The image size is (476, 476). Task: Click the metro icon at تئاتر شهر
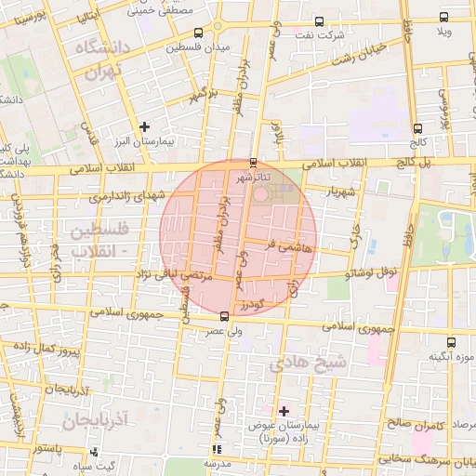tap(254, 161)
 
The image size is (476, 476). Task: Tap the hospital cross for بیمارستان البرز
tap(144, 126)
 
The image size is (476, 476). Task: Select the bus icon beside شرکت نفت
tap(319, 20)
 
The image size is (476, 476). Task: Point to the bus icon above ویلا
tap(445, 18)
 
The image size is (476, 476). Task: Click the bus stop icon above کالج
tap(417, 129)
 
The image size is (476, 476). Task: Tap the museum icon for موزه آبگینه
tap(451, 342)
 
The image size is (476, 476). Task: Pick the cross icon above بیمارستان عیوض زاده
tap(284, 410)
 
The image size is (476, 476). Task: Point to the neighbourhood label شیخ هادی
tap(308, 364)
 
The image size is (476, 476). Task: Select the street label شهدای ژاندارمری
tap(126, 193)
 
